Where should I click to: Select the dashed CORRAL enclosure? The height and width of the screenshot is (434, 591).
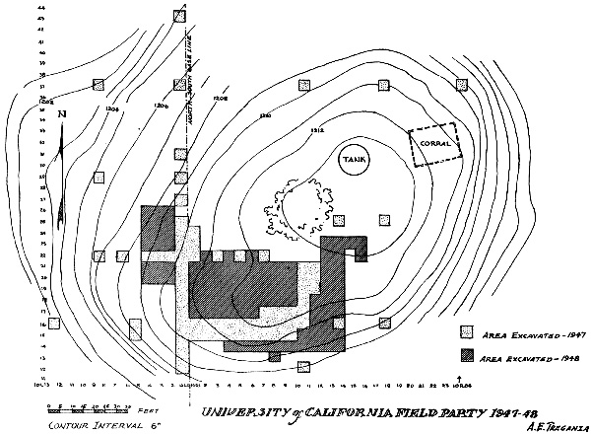(x=434, y=145)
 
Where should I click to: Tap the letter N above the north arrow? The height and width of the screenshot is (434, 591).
(x=62, y=114)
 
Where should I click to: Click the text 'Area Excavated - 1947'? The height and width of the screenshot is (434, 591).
(x=523, y=333)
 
